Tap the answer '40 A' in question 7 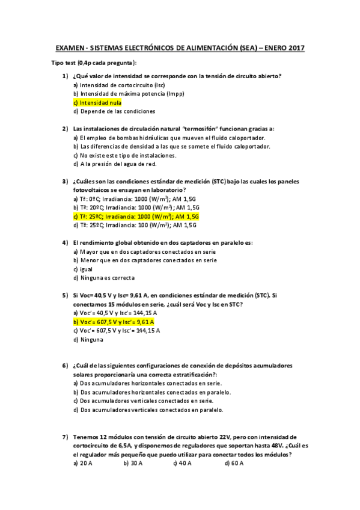click(x=183, y=463)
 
